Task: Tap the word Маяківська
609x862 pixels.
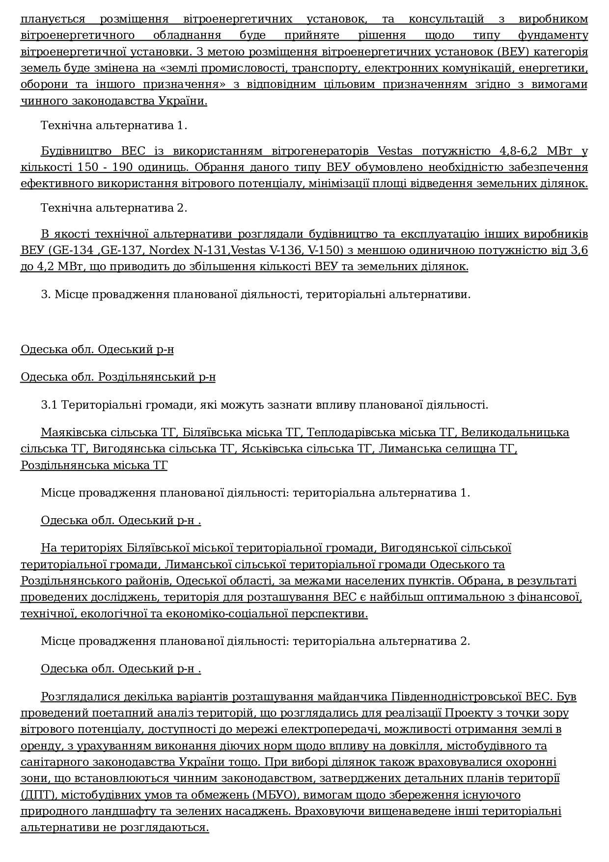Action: pyautogui.click(x=74, y=432)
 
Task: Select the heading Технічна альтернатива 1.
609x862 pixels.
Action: pyautogui.click(x=114, y=125)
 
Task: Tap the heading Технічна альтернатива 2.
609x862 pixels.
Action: pyautogui.click(x=114, y=208)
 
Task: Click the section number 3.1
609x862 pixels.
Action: pyautogui.click(x=49, y=405)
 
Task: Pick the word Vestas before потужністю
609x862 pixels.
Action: pyautogui.click(x=395, y=151)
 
